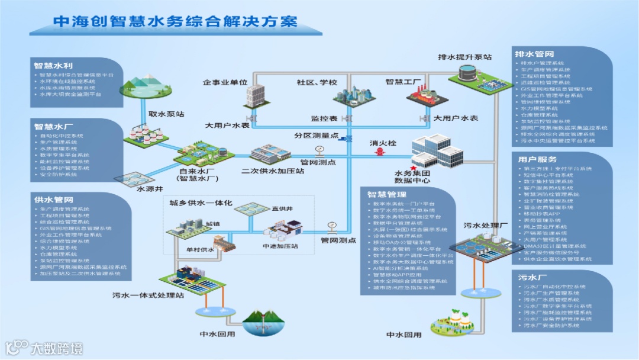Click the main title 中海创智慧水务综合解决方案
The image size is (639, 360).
click(175, 21)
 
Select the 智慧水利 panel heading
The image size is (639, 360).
click(53, 65)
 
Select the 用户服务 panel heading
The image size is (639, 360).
click(537, 159)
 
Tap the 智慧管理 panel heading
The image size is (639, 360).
click(386, 194)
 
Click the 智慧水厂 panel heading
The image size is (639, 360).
click(53, 126)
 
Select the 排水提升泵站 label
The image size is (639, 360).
click(464, 57)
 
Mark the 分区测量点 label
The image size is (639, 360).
click(317, 136)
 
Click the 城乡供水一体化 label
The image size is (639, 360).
click(201, 204)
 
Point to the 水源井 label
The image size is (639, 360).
click(150, 189)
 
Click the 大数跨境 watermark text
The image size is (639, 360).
click(57, 348)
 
